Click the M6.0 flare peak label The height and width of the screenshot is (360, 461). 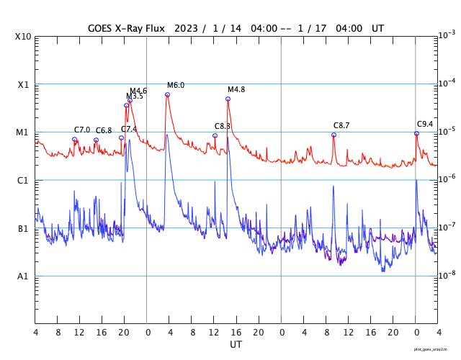pyautogui.click(x=176, y=85)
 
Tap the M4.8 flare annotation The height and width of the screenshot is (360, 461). pyautogui.click(x=236, y=89)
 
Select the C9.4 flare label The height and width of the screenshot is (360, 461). pyautogui.click(x=425, y=124)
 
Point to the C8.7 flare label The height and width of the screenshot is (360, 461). pyautogui.click(x=341, y=125)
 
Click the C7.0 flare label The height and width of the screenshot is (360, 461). pyautogui.click(x=82, y=130)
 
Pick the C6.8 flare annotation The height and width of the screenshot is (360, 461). pyautogui.click(x=104, y=130)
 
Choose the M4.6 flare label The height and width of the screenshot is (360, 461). pyautogui.click(x=138, y=91)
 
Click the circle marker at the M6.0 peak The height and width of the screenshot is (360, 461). pyautogui.click(x=168, y=94)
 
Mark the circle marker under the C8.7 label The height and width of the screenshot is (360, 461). pyautogui.click(x=334, y=135)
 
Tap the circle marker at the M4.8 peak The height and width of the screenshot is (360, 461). pyautogui.click(x=228, y=99)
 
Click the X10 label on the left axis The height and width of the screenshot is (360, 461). pyautogui.click(x=23, y=37)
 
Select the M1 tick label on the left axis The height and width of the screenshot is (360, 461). pyautogui.click(x=23, y=132)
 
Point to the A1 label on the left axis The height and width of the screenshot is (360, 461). pyautogui.click(x=23, y=276)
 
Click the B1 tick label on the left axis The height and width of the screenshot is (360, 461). pyautogui.click(x=23, y=229)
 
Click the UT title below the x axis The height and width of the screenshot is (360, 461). pyautogui.click(x=236, y=345)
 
